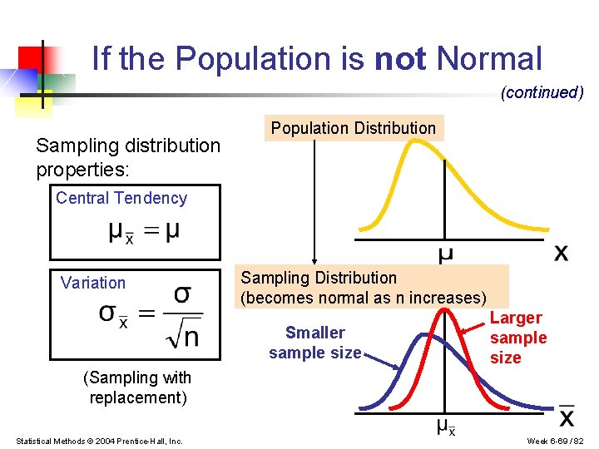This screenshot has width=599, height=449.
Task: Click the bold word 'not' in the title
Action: click(x=400, y=59)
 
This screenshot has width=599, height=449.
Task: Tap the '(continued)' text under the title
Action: click(x=542, y=92)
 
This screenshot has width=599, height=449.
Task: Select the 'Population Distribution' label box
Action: click(x=354, y=128)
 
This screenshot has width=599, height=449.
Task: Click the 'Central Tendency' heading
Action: click(x=121, y=198)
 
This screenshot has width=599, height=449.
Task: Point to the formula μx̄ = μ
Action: click(x=143, y=232)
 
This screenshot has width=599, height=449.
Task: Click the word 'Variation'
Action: click(x=93, y=283)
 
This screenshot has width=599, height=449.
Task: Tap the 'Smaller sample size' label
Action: click(x=314, y=343)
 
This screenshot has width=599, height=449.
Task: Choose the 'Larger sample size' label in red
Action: click(x=517, y=338)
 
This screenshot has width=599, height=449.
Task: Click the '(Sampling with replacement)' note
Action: click(x=138, y=387)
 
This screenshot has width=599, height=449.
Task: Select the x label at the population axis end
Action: click(x=562, y=252)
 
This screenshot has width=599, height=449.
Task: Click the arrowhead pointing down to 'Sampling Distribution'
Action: click(x=314, y=259)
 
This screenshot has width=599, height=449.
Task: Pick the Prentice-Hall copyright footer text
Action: click(x=99, y=440)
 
